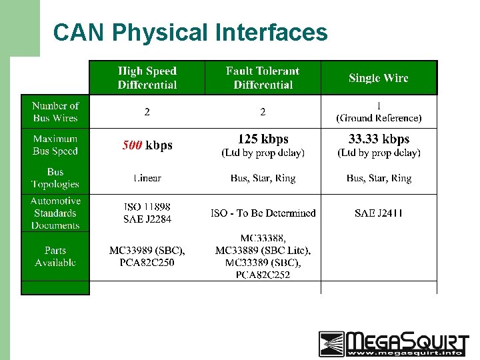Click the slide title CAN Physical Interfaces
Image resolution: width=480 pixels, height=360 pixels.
click(190, 32)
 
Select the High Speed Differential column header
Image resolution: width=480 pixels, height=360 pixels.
click(147, 78)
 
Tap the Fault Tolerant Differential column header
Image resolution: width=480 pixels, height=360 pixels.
click(263, 78)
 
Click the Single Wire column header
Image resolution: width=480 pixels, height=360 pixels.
click(378, 78)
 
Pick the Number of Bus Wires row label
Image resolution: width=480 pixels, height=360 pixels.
click(55, 112)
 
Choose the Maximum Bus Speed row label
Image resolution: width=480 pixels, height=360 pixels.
click(55, 145)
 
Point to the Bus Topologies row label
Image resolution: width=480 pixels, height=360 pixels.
click(55, 178)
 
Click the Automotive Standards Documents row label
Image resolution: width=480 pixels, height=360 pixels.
click(55, 213)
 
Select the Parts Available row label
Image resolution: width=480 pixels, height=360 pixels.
click(55, 256)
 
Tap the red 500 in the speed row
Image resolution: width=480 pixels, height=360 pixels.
click(132, 145)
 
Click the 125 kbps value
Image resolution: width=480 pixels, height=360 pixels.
click(263, 139)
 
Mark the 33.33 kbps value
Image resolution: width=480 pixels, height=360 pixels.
click(379, 139)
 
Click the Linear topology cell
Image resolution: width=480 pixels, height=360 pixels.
click(147, 178)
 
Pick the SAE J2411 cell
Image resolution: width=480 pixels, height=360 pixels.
click(379, 213)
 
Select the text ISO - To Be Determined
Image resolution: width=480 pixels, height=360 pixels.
click(263, 213)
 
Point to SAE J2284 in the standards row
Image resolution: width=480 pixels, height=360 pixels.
click(147, 219)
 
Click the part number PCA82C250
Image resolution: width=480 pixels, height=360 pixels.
click(147, 263)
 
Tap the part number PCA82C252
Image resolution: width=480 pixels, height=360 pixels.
click(263, 275)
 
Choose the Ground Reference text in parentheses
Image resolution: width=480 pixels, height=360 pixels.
click(379, 118)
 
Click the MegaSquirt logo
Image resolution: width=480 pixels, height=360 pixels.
click(393, 343)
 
